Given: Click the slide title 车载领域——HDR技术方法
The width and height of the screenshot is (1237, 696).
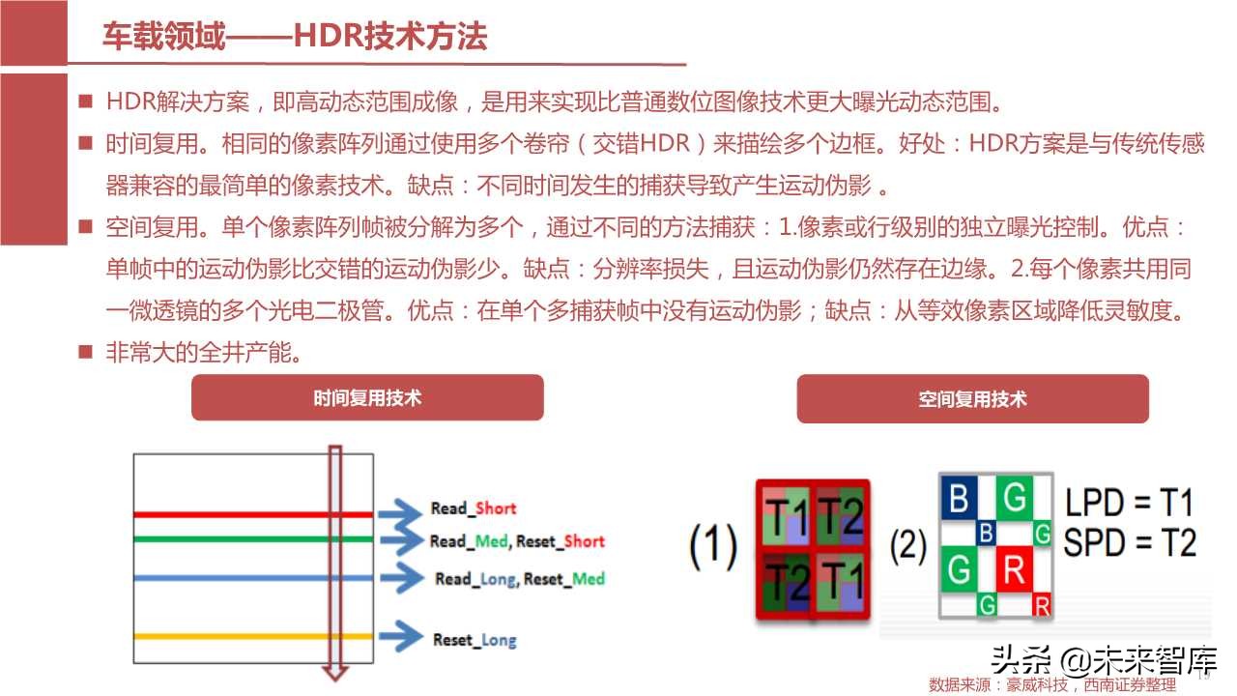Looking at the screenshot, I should (295, 37).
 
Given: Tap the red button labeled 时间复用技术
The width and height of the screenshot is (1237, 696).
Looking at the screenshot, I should (367, 397).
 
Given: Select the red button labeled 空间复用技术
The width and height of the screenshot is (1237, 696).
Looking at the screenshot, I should (972, 399).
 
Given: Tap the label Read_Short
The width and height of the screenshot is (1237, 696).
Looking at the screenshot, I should (474, 508).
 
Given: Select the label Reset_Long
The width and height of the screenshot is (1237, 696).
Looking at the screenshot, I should (475, 640).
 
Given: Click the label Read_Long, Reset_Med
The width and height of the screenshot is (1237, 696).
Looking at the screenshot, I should (520, 579).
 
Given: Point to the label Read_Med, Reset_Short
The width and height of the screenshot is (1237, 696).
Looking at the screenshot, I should (517, 541).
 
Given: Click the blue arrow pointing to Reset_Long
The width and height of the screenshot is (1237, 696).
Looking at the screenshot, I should (400, 636).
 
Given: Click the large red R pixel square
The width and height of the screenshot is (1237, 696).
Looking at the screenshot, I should (1013, 569).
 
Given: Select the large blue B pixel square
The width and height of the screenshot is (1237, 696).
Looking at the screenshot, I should (959, 499).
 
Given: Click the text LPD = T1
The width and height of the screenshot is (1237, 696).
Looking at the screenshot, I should (1129, 503).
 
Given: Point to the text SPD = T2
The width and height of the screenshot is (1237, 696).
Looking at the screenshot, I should (1129, 543).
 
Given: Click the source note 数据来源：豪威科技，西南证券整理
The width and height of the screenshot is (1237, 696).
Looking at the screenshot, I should (1052, 684).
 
